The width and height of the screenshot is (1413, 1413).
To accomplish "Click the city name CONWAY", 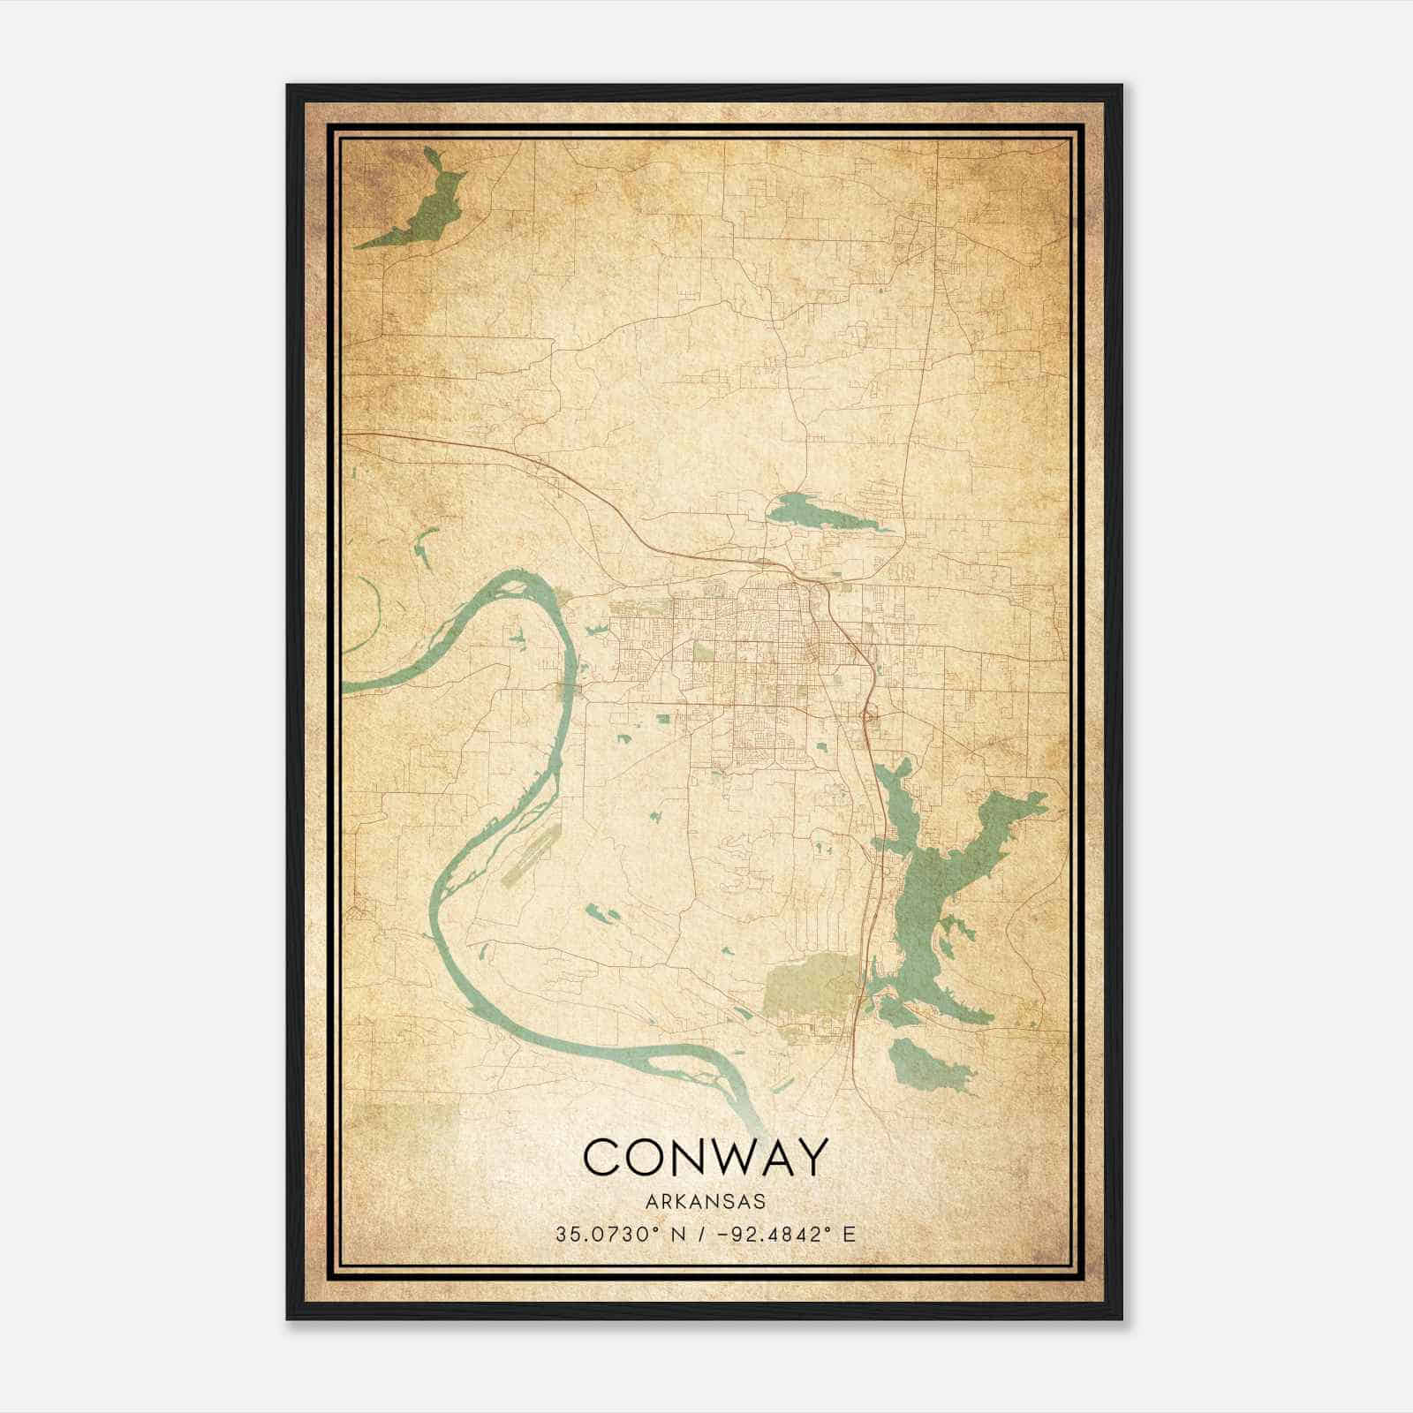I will pyautogui.click(x=706, y=1156).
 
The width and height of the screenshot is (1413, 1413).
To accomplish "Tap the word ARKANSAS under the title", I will pyautogui.click(x=706, y=1202).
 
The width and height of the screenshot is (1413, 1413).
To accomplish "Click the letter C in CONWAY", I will pyautogui.click(x=599, y=1156).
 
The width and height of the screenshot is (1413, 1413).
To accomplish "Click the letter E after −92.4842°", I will pyautogui.click(x=850, y=1235).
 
